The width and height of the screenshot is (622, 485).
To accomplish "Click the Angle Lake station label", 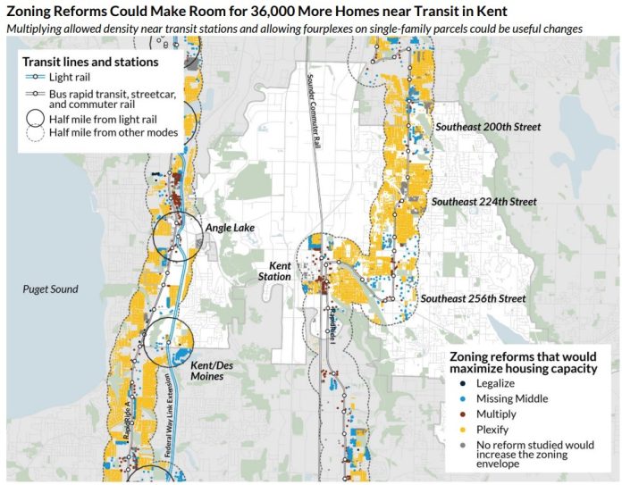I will [230, 229].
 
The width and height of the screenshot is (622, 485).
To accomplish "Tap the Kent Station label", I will [273, 272].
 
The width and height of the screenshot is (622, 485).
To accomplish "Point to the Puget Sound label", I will [50, 289].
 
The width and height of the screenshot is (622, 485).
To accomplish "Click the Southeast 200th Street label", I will [488, 128].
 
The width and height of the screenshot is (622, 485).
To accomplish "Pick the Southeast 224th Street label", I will [483, 202].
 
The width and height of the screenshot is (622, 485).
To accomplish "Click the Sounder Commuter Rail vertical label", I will [314, 97].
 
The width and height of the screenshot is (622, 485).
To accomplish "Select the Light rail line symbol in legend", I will [35, 78].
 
